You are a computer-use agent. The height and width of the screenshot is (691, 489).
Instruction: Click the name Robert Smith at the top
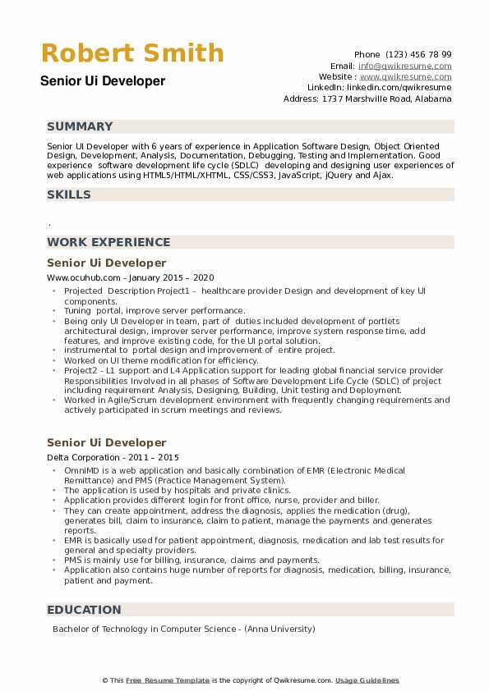(132, 53)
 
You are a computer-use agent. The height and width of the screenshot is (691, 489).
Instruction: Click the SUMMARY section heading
(80, 126)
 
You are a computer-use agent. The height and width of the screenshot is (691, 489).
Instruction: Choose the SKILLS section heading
(69, 194)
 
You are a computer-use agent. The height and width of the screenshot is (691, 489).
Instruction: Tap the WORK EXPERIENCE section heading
(108, 242)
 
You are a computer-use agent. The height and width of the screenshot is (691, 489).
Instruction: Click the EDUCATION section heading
(84, 610)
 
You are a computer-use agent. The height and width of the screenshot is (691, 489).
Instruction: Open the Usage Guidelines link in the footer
(367, 680)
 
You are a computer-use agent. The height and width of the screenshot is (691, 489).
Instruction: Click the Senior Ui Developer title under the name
(101, 81)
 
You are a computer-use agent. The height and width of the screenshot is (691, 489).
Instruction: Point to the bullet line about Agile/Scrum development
(256, 400)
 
